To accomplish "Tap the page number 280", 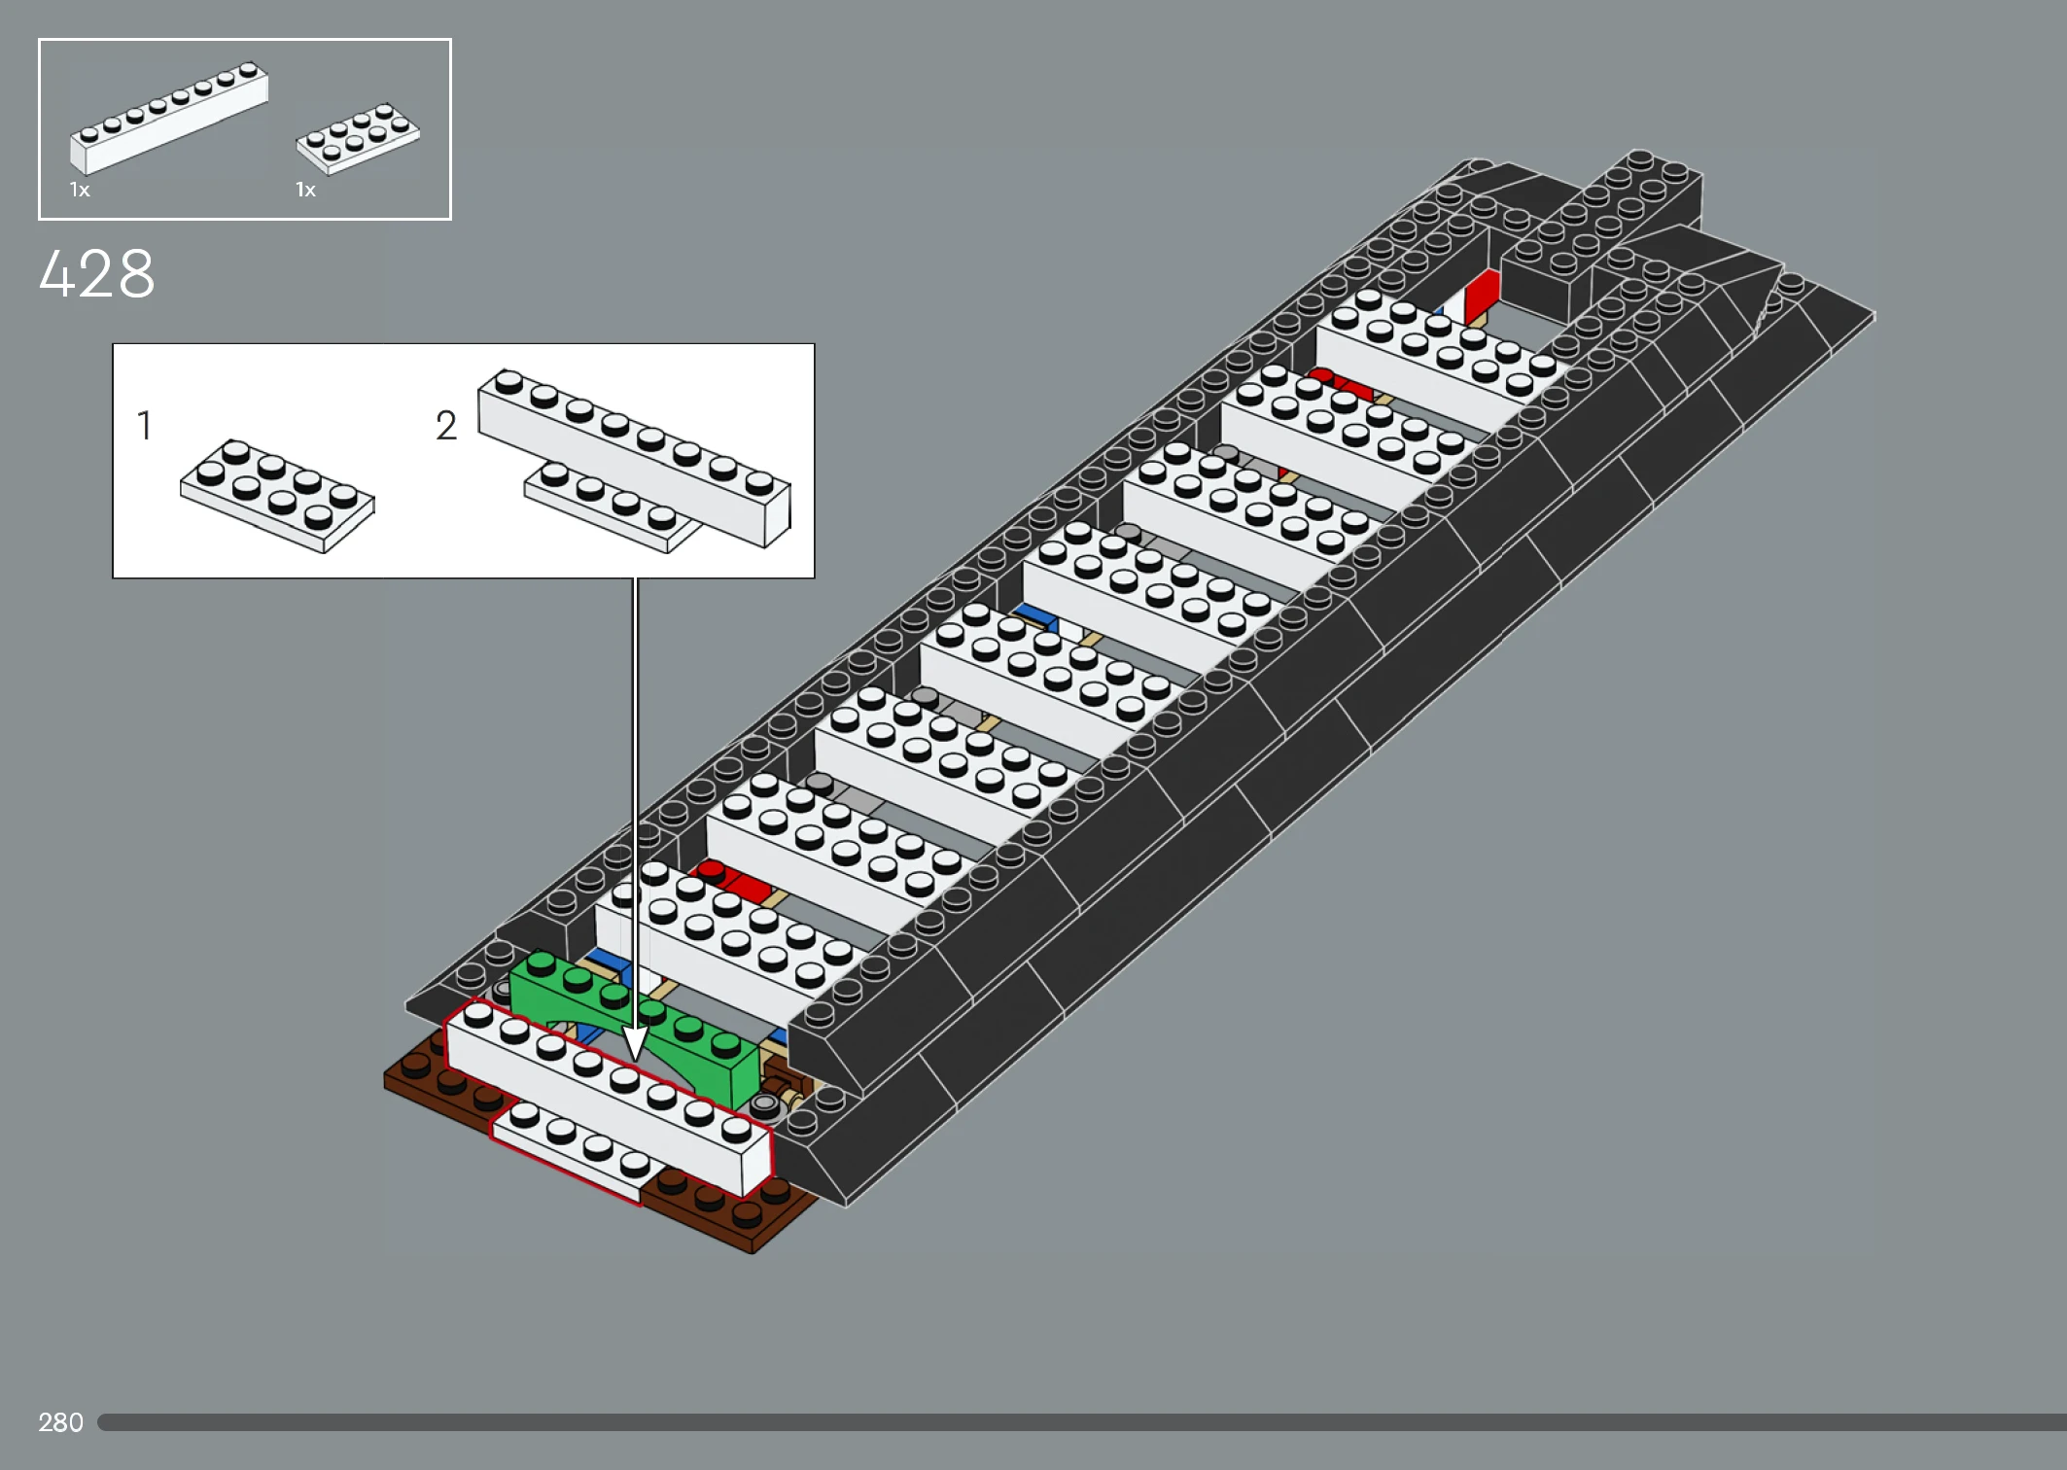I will click(60, 1422).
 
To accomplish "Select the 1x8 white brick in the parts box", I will click(168, 122).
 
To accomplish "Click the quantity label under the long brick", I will click(80, 191).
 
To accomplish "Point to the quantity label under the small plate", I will click(305, 191).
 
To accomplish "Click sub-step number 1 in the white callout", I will click(144, 426).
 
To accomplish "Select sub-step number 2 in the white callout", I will click(445, 426).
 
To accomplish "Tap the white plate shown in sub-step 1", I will click(277, 496).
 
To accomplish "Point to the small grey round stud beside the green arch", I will click(766, 1104).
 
